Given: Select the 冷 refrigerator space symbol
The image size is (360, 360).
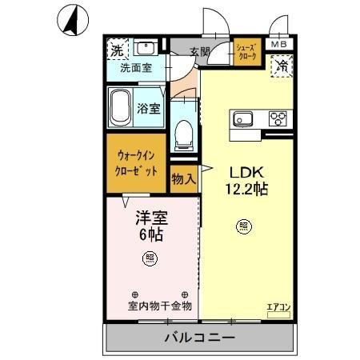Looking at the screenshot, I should pyautogui.click(x=282, y=66).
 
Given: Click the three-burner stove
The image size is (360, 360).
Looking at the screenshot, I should pyautogui.click(x=278, y=120).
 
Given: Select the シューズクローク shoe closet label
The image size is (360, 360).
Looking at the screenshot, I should pyautogui.click(x=246, y=53).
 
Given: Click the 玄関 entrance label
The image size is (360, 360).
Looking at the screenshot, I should pyautogui.click(x=199, y=52).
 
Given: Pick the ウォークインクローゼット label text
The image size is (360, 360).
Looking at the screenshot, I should pyautogui.click(x=137, y=164).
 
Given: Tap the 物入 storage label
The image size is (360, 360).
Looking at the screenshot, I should pyautogui.click(x=183, y=178).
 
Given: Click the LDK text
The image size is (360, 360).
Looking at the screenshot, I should pyautogui.click(x=246, y=172).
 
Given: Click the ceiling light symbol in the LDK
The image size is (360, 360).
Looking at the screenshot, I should pyautogui.click(x=242, y=226).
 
